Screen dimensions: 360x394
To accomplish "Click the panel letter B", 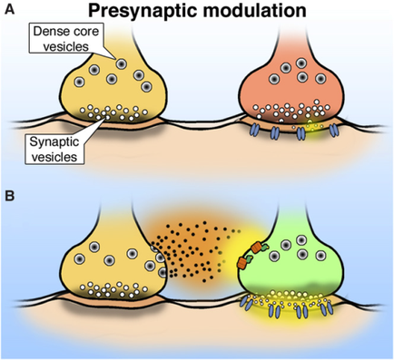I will click(7, 193).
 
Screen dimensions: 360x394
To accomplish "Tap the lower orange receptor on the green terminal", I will click(242, 261).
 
